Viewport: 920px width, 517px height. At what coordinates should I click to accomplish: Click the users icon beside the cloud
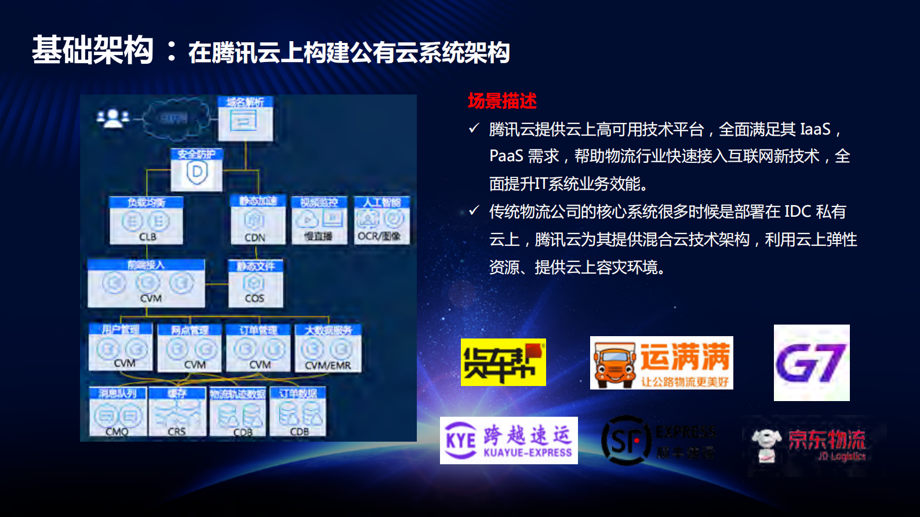tap(112, 118)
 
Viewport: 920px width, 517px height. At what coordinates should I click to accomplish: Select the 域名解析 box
tap(245, 118)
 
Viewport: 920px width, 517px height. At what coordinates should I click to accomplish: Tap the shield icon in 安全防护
tap(197, 173)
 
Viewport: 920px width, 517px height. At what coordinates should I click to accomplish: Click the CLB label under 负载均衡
tap(147, 236)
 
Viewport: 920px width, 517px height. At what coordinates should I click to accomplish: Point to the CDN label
tap(255, 238)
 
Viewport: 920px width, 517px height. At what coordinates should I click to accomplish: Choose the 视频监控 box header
tap(319, 202)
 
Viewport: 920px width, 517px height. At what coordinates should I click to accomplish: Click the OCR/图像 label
tap(379, 236)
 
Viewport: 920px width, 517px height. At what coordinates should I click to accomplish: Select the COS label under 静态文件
tap(254, 298)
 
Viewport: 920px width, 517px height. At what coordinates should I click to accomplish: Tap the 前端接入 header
tap(146, 265)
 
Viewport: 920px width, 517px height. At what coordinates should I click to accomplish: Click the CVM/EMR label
tap(328, 365)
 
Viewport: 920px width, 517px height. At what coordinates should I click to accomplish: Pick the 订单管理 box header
tap(259, 330)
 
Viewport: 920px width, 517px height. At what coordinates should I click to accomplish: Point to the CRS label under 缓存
tap(177, 432)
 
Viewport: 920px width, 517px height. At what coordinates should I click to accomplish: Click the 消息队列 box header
tap(118, 394)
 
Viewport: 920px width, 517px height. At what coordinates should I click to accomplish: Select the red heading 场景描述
tap(502, 101)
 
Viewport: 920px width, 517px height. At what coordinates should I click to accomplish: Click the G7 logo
tap(811, 363)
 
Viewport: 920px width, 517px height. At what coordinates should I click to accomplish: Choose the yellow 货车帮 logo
tap(503, 362)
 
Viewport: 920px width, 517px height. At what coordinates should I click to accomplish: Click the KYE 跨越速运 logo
tap(508, 440)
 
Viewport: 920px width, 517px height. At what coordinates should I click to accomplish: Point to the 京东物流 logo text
tap(827, 440)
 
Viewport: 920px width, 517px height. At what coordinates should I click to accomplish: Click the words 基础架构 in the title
tap(93, 50)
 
